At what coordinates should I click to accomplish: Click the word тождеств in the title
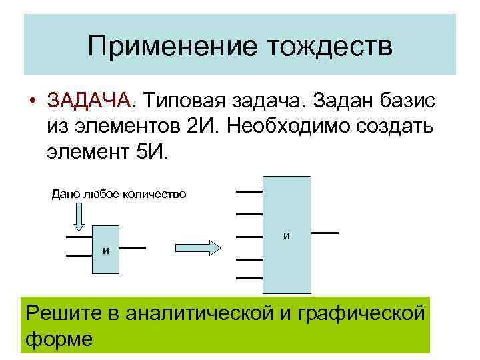(x=329, y=46)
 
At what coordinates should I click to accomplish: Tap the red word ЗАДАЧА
(x=89, y=101)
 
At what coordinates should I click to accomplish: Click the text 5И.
(x=155, y=151)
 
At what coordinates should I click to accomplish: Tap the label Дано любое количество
(x=119, y=194)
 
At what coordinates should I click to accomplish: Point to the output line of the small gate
(x=133, y=249)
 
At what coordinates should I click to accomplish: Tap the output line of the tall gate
(x=325, y=233)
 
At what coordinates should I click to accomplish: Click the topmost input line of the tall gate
(x=249, y=191)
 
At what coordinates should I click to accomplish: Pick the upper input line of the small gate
(x=79, y=237)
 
